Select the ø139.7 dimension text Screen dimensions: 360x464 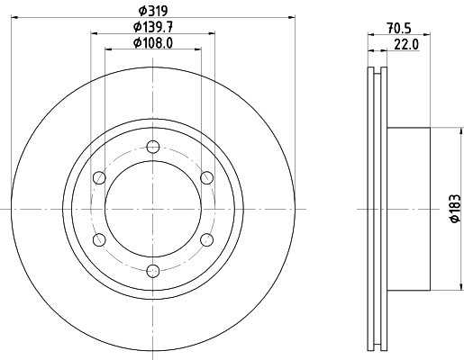click(x=152, y=28)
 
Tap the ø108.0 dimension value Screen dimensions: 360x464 click(x=152, y=43)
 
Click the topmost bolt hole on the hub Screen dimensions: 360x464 click(x=152, y=147)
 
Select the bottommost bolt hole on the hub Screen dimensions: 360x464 click(x=152, y=270)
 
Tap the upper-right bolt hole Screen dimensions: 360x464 click(x=206, y=177)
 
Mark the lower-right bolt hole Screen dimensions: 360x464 click(x=206, y=239)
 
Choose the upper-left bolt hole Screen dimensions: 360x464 click(x=99, y=177)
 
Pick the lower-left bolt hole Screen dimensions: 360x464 click(x=99, y=239)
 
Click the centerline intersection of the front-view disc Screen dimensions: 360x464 click(x=152, y=209)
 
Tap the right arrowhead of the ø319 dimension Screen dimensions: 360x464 click(x=292, y=17)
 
